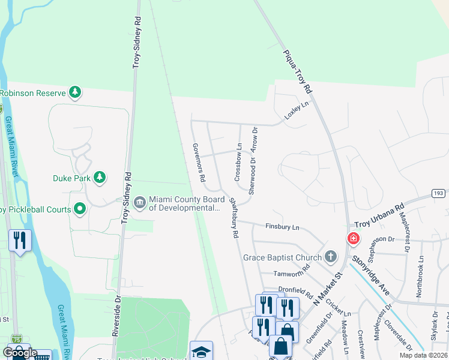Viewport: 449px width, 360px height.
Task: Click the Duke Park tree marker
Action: coord(100,178)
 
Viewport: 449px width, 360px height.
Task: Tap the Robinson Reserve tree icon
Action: coord(75,92)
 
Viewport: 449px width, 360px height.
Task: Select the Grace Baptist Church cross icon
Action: coord(330,257)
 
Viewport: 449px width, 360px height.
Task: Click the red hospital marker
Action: coord(354,239)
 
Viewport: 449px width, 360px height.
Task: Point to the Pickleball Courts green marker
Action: coord(80,209)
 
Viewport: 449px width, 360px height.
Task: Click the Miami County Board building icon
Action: coord(140,201)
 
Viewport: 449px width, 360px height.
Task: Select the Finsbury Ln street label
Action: coord(282,227)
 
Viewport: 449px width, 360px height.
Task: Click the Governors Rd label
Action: coord(199,163)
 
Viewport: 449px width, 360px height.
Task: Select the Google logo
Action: coord(20,353)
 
